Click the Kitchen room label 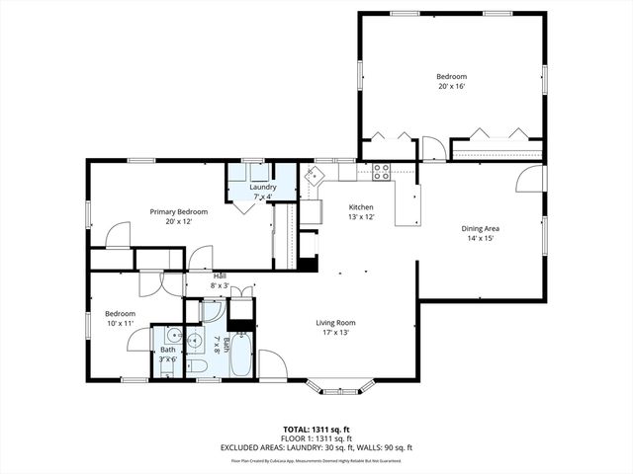(361, 206)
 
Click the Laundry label (262, 187)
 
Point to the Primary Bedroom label (179, 211)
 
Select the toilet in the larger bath (197, 367)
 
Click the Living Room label (335, 322)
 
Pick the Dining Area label (480, 228)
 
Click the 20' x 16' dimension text (451, 87)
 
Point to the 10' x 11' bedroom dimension (121, 323)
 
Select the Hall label (219, 276)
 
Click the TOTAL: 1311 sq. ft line (316, 430)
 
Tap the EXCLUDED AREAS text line (316, 447)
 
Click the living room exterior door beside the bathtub (274, 365)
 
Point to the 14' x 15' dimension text (480, 238)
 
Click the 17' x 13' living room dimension (335, 332)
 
